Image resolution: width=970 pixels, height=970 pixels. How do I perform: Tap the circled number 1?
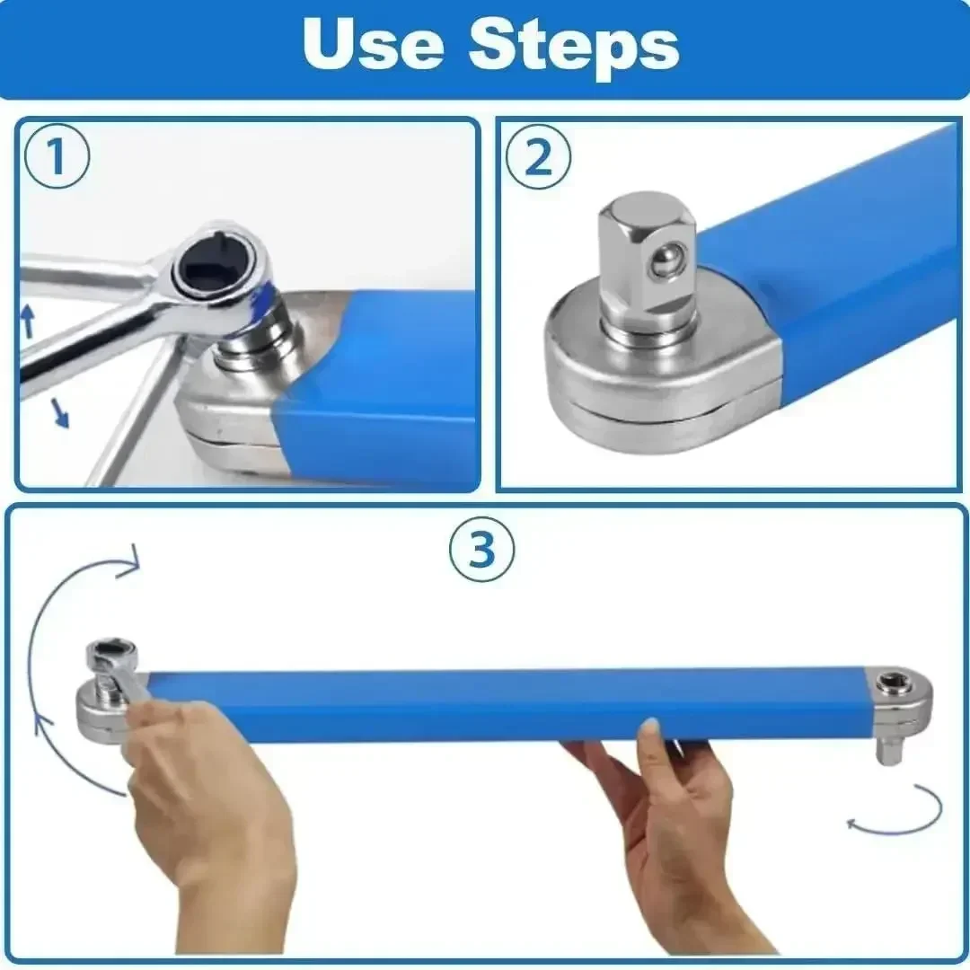click(x=56, y=158)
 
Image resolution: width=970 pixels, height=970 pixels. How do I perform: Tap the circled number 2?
click(x=537, y=158)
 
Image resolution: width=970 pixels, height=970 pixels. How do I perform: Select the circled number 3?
click(x=482, y=550)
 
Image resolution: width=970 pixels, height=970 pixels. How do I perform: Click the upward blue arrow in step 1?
click(x=27, y=320)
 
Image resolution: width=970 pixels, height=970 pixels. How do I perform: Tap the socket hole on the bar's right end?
click(x=893, y=683)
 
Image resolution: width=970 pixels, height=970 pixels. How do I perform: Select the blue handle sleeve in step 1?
click(x=386, y=386)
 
